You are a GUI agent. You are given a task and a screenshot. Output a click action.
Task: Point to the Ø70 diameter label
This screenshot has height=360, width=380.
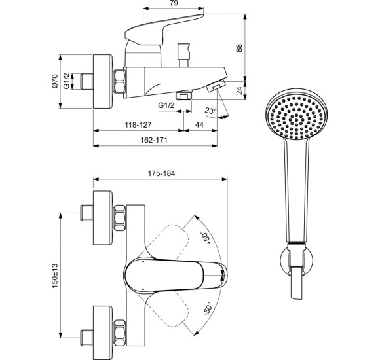55,82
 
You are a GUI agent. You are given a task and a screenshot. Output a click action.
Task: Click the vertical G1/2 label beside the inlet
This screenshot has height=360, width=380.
67,82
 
